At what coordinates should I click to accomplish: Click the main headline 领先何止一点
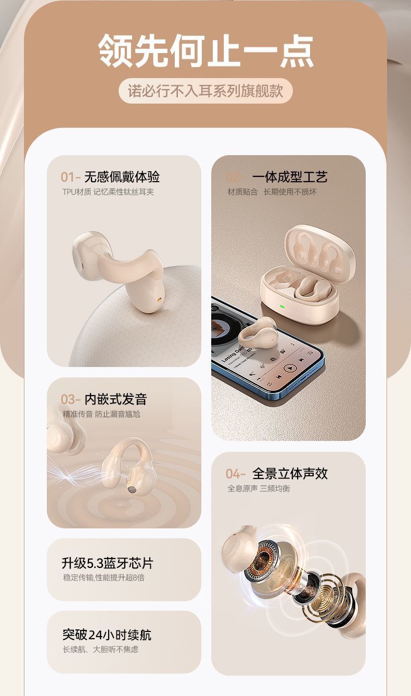(205, 50)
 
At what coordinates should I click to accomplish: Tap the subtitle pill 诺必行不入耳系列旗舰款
(205, 91)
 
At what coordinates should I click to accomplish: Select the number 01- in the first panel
(70, 177)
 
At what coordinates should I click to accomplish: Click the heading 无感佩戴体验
(122, 177)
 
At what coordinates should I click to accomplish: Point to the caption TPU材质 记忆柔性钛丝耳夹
(108, 192)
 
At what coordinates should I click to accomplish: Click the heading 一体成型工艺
(290, 177)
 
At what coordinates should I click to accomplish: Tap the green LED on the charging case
(282, 307)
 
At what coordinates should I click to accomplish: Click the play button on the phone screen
(290, 368)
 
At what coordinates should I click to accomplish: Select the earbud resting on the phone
(256, 333)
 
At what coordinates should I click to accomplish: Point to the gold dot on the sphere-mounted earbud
(160, 299)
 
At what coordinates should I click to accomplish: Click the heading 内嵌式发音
(116, 399)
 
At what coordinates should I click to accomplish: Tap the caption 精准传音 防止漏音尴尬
(101, 414)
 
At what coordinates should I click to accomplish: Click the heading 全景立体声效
(290, 474)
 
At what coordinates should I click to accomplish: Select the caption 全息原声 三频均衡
(259, 488)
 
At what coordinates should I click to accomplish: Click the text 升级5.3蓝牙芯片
(107, 563)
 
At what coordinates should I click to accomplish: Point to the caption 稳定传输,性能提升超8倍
(104, 578)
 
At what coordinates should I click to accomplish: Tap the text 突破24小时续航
(107, 635)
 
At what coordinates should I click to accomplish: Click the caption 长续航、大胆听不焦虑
(100, 649)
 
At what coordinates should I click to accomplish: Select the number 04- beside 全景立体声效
(235, 474)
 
